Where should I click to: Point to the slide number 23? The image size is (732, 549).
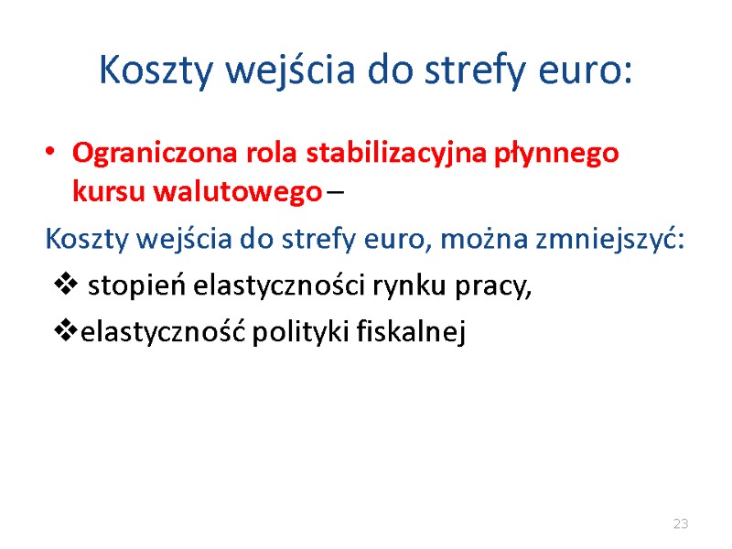tap(680, 524)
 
